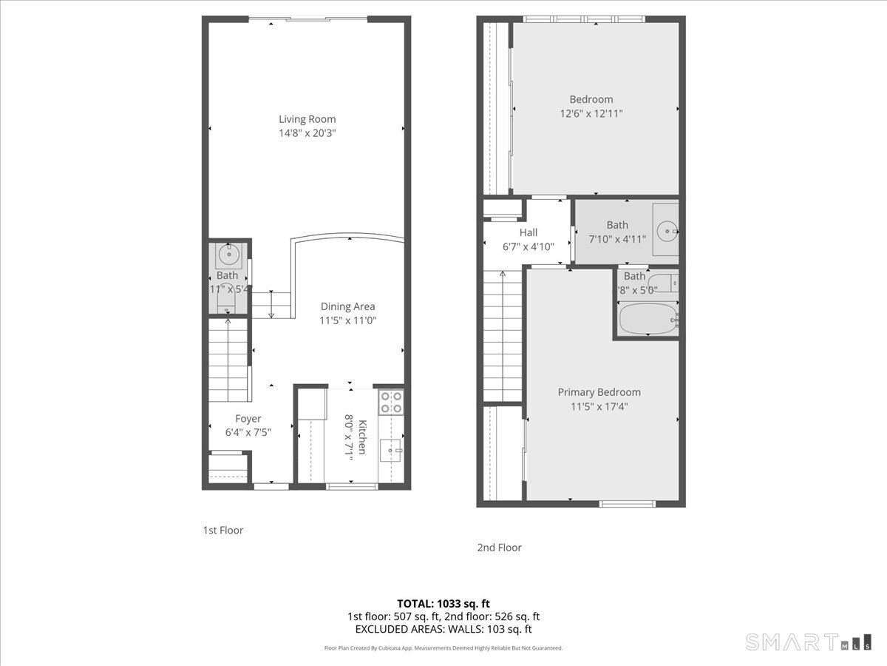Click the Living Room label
click(307, 119)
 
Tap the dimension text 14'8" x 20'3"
click(307, 133)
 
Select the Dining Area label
click(347, 306)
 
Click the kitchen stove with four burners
click(390, 402)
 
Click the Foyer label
click(248, 419)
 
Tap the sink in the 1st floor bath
click(229, 255)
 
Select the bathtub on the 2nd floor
click(648, 319)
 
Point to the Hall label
click(528, 232)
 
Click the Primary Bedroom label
click(599, 392)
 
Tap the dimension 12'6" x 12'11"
click(591, 114)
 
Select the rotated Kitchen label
click(363, 437)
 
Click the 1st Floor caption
click(222, 531)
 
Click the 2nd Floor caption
click(499, 548)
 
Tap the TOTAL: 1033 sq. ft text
click(443, 603)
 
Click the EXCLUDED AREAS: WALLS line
click(443, 630)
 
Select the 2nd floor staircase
click(503, 337)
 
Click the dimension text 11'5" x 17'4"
click(599, 406)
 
